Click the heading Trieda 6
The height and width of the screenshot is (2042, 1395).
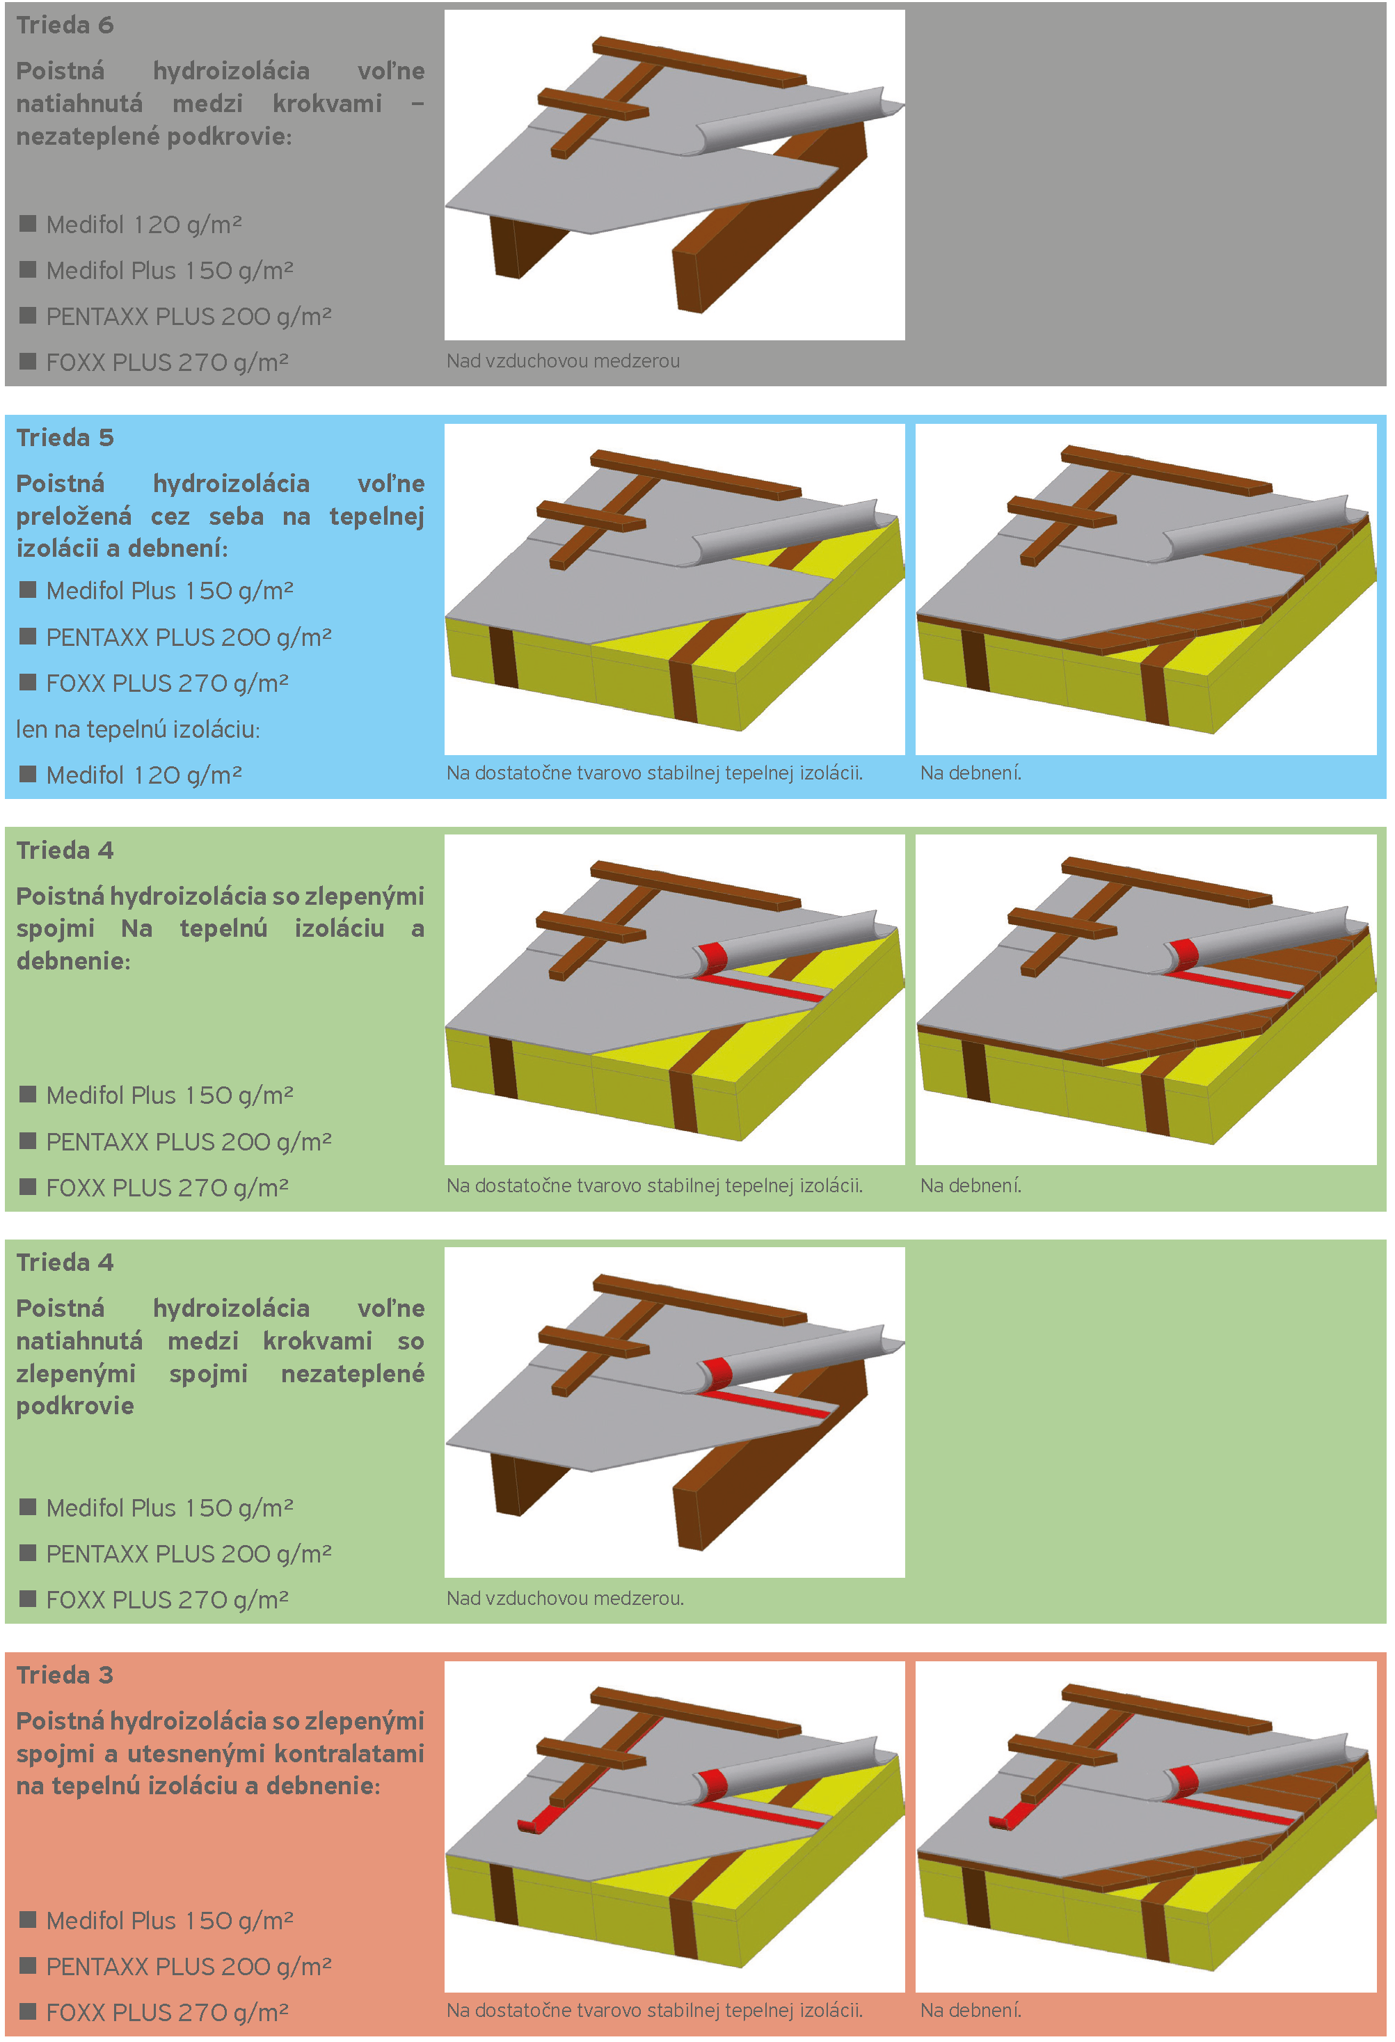point(65,26)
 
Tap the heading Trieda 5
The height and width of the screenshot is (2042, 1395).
point(65,438)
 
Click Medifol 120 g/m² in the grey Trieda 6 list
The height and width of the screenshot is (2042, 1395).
point(144,225)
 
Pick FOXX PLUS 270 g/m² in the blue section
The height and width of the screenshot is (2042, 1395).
point(167,683)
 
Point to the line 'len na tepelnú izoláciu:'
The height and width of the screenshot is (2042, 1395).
point(138,729)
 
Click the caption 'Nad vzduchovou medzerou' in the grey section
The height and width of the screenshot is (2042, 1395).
point(563,361)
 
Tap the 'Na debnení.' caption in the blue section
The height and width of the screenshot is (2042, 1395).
point(971,773)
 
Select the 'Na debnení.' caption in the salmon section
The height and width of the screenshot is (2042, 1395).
point(971,2011)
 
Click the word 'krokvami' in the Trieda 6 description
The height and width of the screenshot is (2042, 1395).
point(327,104)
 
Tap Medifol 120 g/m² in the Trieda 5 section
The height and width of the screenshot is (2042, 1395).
point(144,775)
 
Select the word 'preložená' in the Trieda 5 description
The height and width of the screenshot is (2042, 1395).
point(74,516)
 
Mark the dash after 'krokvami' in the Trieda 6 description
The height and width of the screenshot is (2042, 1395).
point(418,104)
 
